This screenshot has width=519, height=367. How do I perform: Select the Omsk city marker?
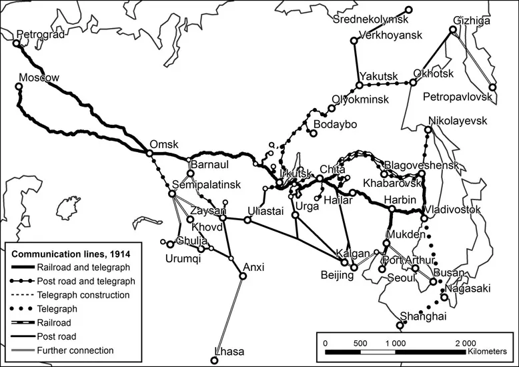pos(150,153)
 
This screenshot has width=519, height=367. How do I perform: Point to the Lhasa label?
pos(229,352)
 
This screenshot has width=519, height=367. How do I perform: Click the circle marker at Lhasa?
pos(214,360)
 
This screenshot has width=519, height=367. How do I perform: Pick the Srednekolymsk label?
pos(370,19)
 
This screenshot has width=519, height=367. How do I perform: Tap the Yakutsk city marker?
pos(360,85)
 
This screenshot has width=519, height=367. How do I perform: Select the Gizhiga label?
pos(471,21)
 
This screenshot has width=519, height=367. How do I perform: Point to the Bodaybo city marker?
pos(311,132)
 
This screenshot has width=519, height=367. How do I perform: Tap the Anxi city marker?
pos(242,276)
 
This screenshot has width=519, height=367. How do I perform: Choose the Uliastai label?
pos(266,212)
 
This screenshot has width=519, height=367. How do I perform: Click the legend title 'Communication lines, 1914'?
pos(70,254)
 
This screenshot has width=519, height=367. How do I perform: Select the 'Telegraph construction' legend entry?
pos(83,294)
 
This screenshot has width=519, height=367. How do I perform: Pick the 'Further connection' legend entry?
pos(75,350)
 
